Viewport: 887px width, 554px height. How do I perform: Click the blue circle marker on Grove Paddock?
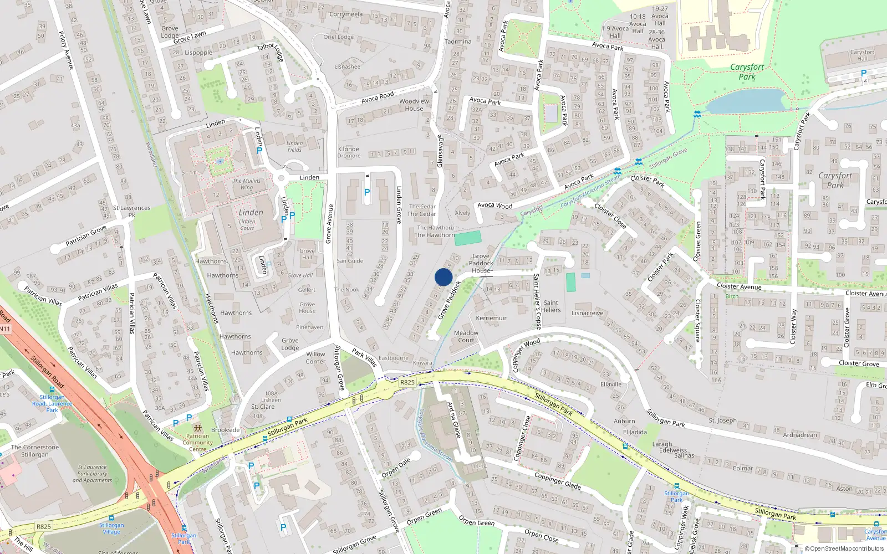(443, 277)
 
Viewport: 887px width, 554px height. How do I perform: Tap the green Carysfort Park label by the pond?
(747, 72)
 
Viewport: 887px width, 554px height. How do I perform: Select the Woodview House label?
(414, 105)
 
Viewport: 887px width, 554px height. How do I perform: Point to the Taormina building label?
(458, 42)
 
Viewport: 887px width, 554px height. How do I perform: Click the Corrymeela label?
(346, 14)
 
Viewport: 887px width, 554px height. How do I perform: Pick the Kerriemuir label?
(491, 318)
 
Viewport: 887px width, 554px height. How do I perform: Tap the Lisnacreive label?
(588, 313)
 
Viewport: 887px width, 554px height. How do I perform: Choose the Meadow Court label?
(466, 336)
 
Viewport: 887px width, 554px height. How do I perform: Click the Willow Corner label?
(315, 358)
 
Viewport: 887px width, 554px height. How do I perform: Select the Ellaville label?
(611, 384)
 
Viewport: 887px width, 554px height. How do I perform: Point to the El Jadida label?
(635, 432)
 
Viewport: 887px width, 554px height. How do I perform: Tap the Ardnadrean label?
(800, 435)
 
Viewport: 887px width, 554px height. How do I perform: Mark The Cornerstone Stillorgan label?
(35, 451)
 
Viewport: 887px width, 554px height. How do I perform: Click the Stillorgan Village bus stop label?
(111, 528)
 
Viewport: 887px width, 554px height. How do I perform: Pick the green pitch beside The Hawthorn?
(468, 239)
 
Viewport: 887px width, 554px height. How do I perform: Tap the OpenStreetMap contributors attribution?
(844, 548)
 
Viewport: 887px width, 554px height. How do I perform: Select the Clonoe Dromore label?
(349, 152)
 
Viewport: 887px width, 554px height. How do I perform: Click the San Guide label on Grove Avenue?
(350, 261)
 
